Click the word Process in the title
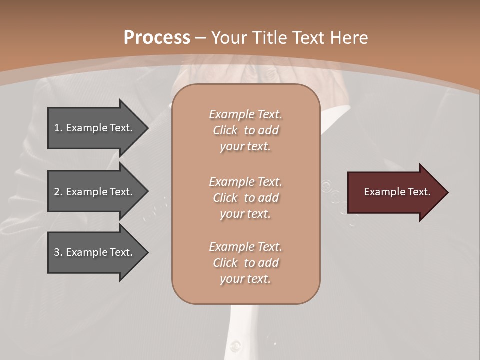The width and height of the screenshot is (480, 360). [x=157, y=38]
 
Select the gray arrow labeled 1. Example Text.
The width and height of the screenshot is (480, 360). [x=95, y=128]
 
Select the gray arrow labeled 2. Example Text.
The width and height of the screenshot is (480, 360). [x=95, y=192]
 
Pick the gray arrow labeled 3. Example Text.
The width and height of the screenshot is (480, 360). [x=95, y=252]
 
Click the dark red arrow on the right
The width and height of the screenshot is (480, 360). [x=395, y=192]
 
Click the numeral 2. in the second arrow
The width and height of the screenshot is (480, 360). [x=58, y=192]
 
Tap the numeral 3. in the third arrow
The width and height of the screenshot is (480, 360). [x=58, y=252]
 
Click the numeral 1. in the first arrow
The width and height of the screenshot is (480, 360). [x=58, y=128]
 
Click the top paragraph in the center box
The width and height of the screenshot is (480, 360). [x=245, y=130]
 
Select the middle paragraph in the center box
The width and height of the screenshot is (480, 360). [x=245, y=198]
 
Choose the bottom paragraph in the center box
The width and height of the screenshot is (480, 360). [x=245, y=263]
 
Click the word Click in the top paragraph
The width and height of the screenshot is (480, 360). [x=225, y=130]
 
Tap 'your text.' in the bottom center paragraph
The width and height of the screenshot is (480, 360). [x=245, y=279]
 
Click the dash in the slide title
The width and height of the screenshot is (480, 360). [x=200, y=38]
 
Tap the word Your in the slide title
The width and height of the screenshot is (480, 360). [x=229, y=38]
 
